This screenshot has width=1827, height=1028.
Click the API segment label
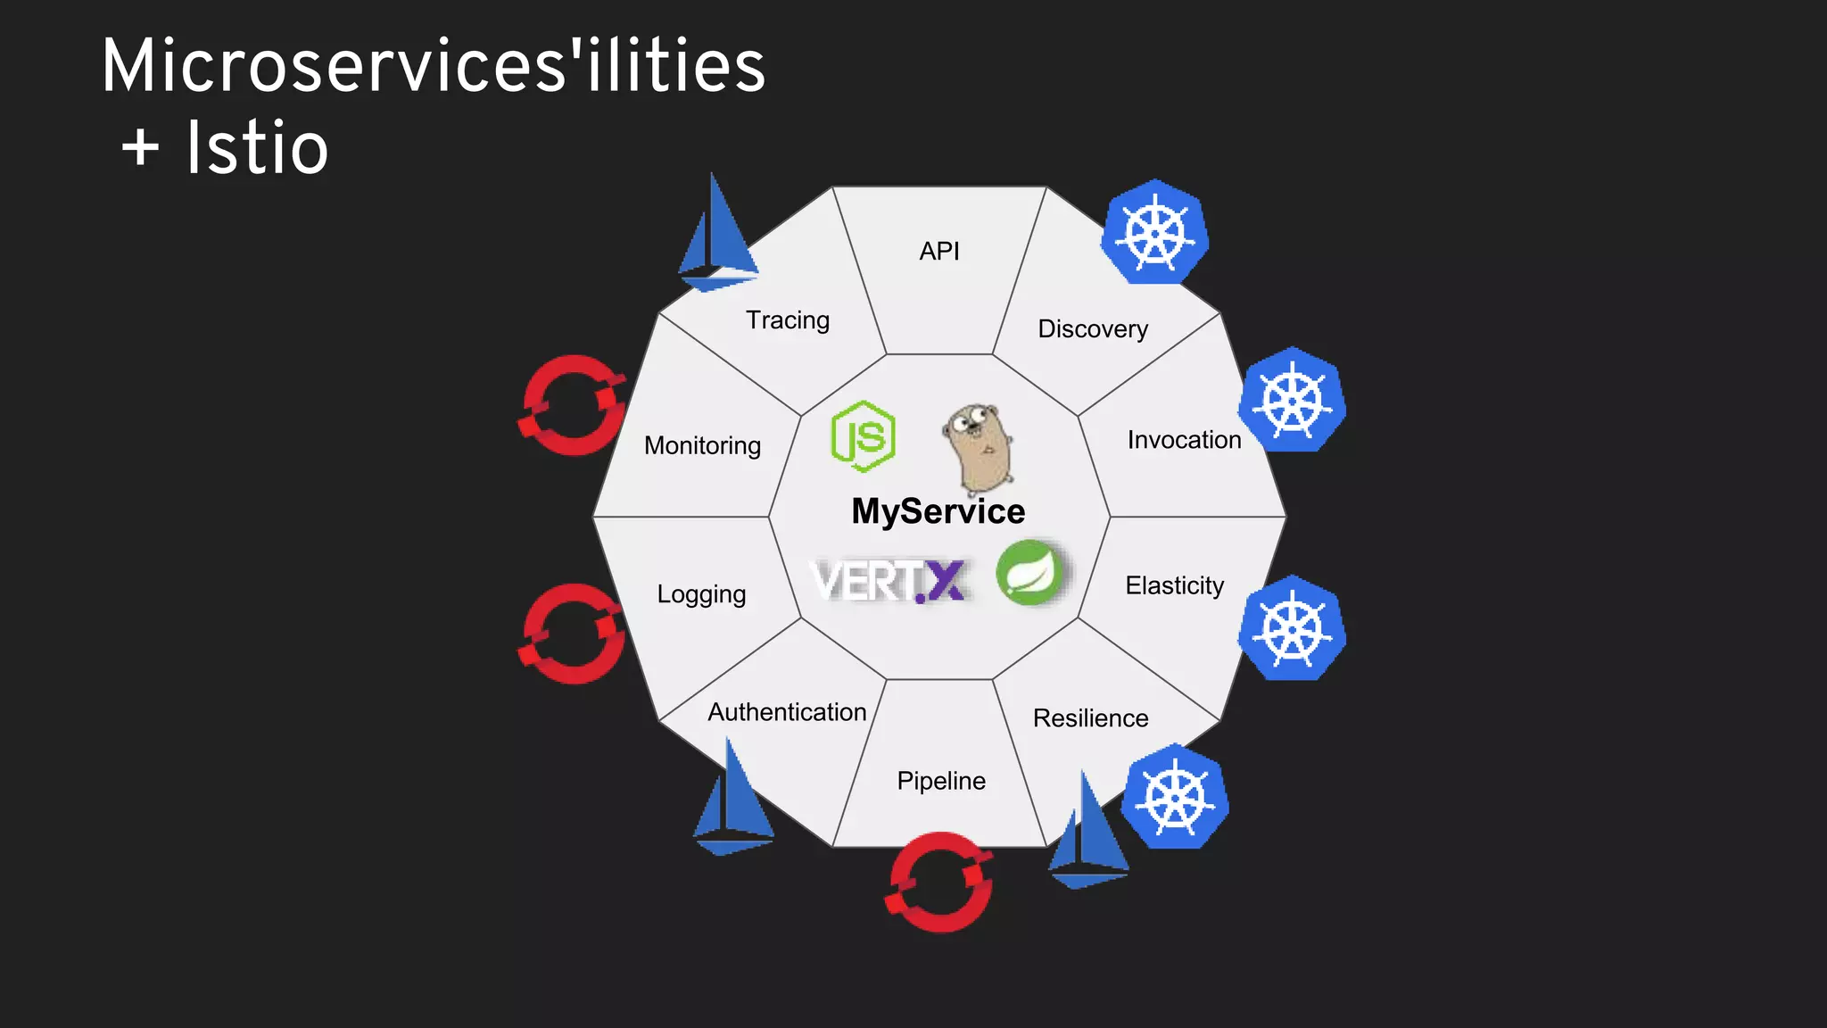tap(939, 251)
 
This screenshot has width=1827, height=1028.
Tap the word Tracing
tap(788, 319)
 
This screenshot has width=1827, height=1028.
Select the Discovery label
tap(1093, 328)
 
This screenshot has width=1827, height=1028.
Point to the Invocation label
tap(1184, 439)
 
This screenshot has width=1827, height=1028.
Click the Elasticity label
tap(1174, 585)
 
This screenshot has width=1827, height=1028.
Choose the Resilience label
tap(1090, 717)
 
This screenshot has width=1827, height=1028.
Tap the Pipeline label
tap(941, 781)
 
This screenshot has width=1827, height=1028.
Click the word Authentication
tap(787, 712)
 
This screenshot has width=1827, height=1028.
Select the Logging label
tap(701, 594)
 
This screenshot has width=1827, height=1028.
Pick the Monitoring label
tap(702, 445)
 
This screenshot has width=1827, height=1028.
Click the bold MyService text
tap(938, 511)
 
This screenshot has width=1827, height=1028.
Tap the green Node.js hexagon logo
tap(863, 436)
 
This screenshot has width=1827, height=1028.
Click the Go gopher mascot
tap(978, 447)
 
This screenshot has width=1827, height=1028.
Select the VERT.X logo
tap(889, 581)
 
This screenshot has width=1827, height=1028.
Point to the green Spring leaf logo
tap(1030, 573)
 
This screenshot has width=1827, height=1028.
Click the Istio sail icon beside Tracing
tap(716, 236)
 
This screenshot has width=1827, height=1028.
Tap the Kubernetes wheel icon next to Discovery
tap(1155, 233)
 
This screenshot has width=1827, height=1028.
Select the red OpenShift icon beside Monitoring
tap(573, 405)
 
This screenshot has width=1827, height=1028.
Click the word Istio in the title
tap(258, 148)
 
